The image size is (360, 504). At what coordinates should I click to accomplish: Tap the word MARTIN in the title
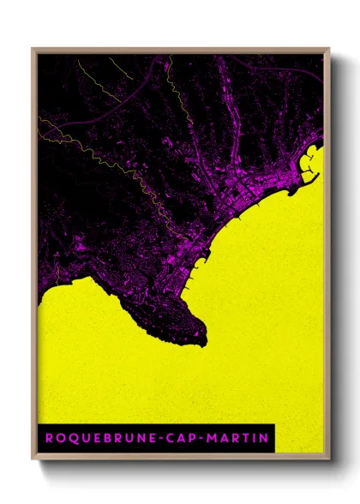(x=239, y=437)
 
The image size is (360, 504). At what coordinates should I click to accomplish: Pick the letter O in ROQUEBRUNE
(x=59, y=437)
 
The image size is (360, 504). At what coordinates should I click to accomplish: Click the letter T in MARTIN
(x=247, y=437)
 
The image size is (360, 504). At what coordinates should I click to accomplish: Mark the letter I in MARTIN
(x=255, y=437)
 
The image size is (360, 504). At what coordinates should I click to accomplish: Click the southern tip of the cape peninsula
(x=203, y=344)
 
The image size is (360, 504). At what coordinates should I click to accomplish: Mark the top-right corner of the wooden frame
(x=329, y=49)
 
